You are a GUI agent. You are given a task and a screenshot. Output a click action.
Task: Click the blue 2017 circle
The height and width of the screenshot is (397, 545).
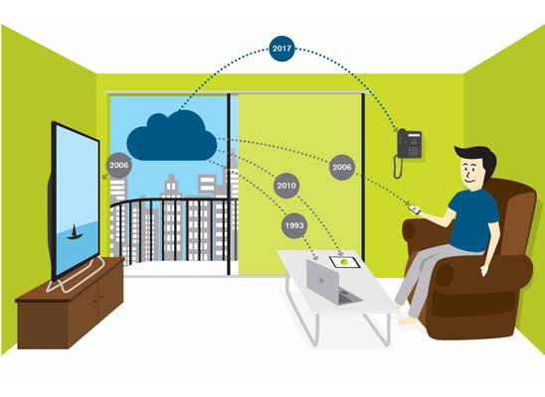click(x=281, y=49)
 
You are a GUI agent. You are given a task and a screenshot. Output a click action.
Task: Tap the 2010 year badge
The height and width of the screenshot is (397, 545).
click(x=286, y=186)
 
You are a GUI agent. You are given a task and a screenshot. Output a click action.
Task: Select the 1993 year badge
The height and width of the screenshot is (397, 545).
click(x=294, y=225)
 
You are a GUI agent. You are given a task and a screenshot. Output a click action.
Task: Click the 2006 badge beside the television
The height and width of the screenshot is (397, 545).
click(x=119, y=166)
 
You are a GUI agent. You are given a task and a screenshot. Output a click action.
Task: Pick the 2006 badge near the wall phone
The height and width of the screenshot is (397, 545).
click(x=342, y=167)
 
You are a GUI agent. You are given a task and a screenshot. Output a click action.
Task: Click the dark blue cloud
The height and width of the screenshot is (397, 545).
click(x=172, y=136)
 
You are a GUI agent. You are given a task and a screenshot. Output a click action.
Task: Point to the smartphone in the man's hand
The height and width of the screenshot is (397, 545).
click(x=414, y=209)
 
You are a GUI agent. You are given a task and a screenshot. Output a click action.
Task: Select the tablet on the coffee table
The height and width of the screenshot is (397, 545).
click(x=344, y=262)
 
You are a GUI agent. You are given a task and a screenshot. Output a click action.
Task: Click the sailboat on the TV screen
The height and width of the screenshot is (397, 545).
click(x=75, y=232)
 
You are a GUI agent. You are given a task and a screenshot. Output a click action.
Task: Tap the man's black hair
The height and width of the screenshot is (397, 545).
click(x=478, y=159)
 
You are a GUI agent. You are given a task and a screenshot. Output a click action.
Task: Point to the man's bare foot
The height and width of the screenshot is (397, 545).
click(x=407, y=321)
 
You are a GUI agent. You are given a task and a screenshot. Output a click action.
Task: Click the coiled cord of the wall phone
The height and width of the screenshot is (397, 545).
click(x=398, y=167)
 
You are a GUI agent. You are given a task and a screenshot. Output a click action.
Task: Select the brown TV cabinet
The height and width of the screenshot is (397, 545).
click(x=70, y=304)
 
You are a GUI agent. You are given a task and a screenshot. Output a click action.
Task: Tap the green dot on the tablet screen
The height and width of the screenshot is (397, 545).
click(x=344, y=262)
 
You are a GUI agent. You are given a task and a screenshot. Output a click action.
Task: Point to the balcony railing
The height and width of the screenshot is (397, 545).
click(x=174, y=229)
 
